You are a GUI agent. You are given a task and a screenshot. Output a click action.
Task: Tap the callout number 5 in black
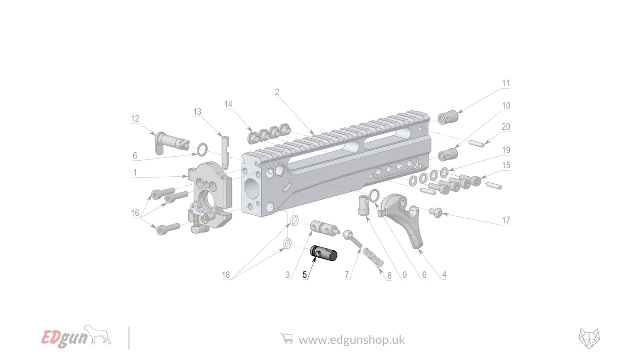(305, 275)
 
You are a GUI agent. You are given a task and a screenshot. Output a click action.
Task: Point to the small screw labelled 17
(435, 213)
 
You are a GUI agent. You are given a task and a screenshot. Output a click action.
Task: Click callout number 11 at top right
(506, 83)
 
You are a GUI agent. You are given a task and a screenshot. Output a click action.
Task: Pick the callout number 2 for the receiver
(277, 92)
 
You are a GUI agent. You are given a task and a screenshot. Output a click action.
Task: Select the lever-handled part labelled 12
(171, 141)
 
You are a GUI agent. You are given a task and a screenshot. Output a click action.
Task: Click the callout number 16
(135, 213)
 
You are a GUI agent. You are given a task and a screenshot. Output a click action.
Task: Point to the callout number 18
(226, 275)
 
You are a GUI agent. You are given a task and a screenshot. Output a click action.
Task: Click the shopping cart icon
(287, 339)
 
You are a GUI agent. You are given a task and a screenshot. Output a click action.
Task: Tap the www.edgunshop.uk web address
(351, 340)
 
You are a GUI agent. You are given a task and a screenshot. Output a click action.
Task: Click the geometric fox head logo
(589, 339)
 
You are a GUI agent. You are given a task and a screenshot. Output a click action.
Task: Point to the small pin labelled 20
(476, 143)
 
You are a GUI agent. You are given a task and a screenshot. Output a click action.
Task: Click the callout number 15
(506, 165)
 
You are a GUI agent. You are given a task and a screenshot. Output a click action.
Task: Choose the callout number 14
(228, 104)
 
